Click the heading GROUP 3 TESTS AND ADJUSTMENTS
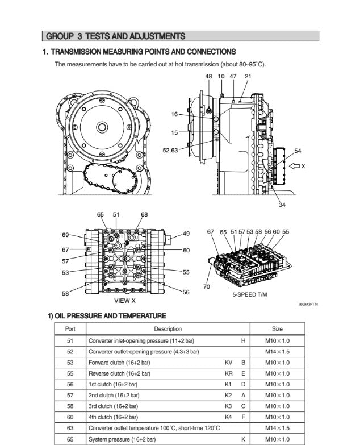[x=115, y=36]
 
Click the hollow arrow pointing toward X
[x=294, y=166]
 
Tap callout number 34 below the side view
[x=282, y=205]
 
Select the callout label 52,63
[x=170, y=151]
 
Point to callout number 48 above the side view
[x=208, y=76]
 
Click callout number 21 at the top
[x=248, y=76]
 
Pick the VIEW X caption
[x=125, y=301]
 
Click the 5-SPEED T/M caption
[x=250, y=294]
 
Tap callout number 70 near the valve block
[x=207, y=286]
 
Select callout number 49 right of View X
[x=186, y=234]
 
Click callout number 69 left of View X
[x=65, y=235]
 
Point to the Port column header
[x=70, y=329]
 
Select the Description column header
[x=168, y=329]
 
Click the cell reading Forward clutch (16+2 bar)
[x=119, y=363]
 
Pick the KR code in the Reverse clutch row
[x=228, y=373]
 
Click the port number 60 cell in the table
[x=70, y=417]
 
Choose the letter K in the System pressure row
[x=243, y=439]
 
